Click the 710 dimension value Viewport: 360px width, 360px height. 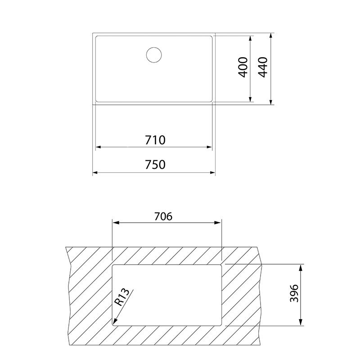(x=154, y=140)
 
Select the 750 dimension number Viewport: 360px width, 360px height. (x=154, y=165)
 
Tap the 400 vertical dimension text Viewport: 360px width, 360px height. (x=243, y=67)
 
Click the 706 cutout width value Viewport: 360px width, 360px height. (x=163, y=216)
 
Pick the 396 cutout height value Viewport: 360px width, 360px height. (x=293, y=294)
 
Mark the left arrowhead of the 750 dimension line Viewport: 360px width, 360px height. (x=95, y=172)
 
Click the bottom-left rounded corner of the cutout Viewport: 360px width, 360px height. (x=113, y=323)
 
